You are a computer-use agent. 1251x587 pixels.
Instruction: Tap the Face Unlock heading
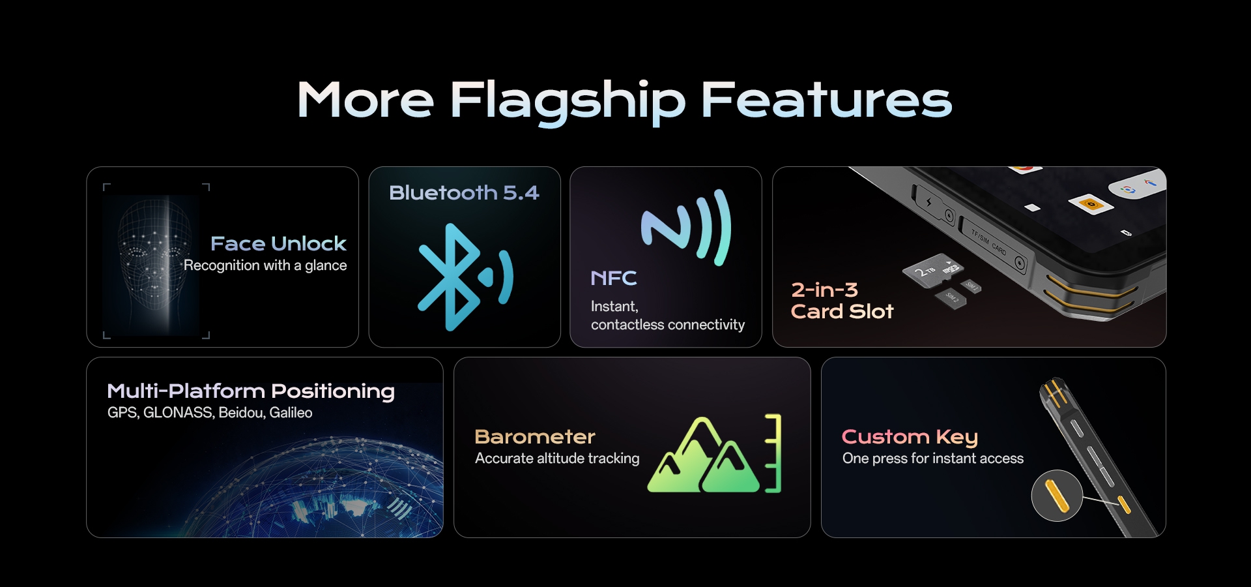pyautogui.click(x=278, y=243)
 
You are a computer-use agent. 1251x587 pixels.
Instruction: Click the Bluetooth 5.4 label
pyautogui.click(x=464, y=192)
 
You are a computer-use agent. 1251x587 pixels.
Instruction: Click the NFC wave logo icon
pyautogui.click(x=686, y=228)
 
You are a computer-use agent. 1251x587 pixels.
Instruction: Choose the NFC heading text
pyautogui.click(x=613, y=278)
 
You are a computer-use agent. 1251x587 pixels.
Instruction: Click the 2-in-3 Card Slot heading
pyautogui.click(x=841, y=301)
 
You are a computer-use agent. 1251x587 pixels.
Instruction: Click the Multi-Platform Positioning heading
pyautogui.click(x=251, y=391)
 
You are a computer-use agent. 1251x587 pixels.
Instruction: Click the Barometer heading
pyautogui.click(x=535, y=436)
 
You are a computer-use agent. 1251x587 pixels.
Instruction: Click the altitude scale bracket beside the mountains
pyautogui.click(x=773, y=453)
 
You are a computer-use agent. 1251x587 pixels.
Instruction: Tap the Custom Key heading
pyautogui.click(x=910, y=436)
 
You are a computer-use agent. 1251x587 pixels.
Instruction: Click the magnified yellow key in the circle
pyautogui.click(x=1056, y=496)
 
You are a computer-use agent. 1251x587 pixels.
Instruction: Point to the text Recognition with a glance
pyautogui.click(x=265, y=265)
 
